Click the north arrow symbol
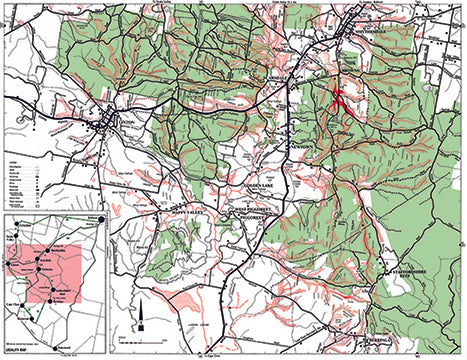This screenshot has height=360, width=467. click(142, 318)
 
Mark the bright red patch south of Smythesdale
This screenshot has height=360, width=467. click(339, 100)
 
